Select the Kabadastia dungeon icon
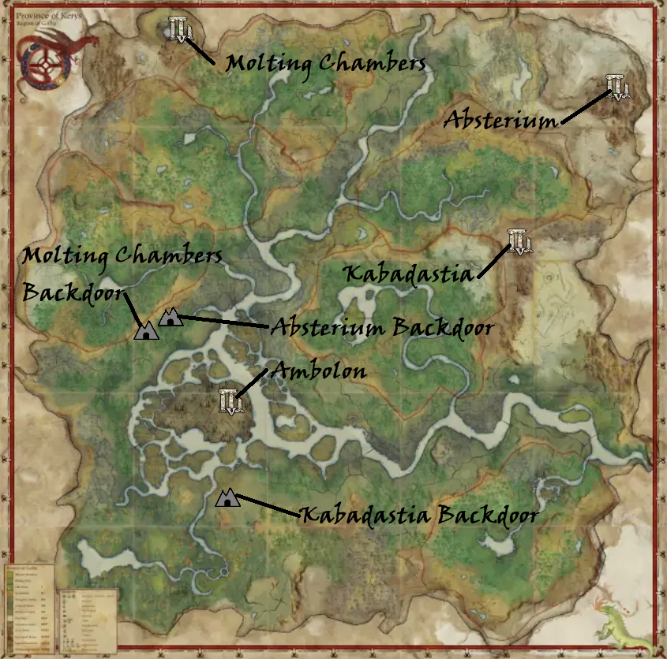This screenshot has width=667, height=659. pyautogui.click(x=520, y=241)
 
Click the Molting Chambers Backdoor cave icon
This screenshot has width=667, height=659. pyautogui.click(x=146, y=330)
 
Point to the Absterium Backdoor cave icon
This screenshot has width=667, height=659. pyautogui.click(x=170, y=318)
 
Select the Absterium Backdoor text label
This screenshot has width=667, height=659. pyautogui.click(x=382, y=327)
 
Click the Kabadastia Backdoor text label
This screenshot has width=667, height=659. pyautogui.click(x=419, y=516)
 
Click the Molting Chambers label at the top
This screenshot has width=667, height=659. pyautogui.click(x=325, y=63)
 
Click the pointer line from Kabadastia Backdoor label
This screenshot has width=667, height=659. pyautogui.click(x=269, y=507)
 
